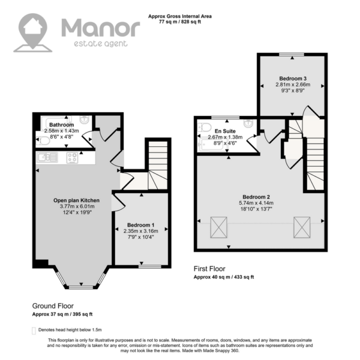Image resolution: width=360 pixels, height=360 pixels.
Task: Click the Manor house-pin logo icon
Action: (33, 32)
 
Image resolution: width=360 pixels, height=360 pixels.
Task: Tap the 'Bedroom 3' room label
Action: (293, 79)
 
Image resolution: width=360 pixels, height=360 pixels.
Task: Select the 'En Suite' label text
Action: (225, 131)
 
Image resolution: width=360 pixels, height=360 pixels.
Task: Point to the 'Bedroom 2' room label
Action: (256, 197)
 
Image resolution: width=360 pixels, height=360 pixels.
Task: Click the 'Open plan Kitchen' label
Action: (76, 200)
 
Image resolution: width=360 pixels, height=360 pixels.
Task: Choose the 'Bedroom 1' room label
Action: (141, 225)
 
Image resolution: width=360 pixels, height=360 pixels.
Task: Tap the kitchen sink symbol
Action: (47, 157)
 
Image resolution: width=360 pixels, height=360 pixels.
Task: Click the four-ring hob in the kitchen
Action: (73, 158)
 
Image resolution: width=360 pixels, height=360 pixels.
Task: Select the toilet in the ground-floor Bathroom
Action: (43, 141)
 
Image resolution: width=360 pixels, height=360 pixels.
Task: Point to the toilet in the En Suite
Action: (205, 127)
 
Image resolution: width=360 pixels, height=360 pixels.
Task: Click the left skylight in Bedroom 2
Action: (219, 227)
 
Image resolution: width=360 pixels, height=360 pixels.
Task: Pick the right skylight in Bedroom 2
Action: (302, 227)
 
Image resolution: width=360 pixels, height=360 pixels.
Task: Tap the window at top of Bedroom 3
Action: (292, 55)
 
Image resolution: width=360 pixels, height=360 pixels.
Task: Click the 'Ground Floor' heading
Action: (53, 306)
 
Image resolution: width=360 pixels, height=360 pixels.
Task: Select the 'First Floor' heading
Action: (209, 269)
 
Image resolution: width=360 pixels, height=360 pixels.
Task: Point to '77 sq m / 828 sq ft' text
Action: (180, 22)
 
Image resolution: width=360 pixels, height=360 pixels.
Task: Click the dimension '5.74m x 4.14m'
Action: (256, 203)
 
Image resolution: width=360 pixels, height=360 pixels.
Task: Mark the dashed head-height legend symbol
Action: (34, 331)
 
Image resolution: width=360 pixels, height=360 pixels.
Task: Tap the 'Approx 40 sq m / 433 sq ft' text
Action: (224, 277)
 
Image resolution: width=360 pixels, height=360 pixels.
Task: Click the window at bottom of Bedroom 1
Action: (150, 266)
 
